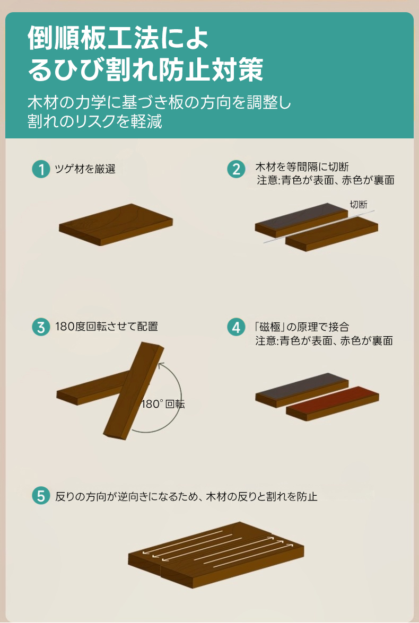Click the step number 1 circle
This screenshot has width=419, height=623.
pos(41,169)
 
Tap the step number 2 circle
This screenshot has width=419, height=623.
pos(236,169)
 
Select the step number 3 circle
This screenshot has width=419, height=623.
pos(41,327)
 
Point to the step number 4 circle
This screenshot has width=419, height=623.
pos(236,327)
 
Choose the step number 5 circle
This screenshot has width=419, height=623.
pos(41,496)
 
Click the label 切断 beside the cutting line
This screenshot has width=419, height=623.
pos(358,205)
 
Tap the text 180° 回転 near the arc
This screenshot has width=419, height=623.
pos(163,404)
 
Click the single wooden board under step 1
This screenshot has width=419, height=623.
pos(116,224)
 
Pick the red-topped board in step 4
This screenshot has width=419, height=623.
pos(333,403)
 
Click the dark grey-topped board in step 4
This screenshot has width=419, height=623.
pos(302,390)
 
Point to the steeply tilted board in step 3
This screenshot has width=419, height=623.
pos(134,390)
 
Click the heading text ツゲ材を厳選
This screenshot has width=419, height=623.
pos(85,169)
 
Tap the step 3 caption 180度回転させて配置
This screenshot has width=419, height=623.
pos(107,327)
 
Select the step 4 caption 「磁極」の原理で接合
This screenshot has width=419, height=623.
pos(302,327)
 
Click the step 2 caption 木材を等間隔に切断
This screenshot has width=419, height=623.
pos(302,167)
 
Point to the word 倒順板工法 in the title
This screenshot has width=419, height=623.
pos(93,39)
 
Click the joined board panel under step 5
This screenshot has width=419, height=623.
pos(216,555)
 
